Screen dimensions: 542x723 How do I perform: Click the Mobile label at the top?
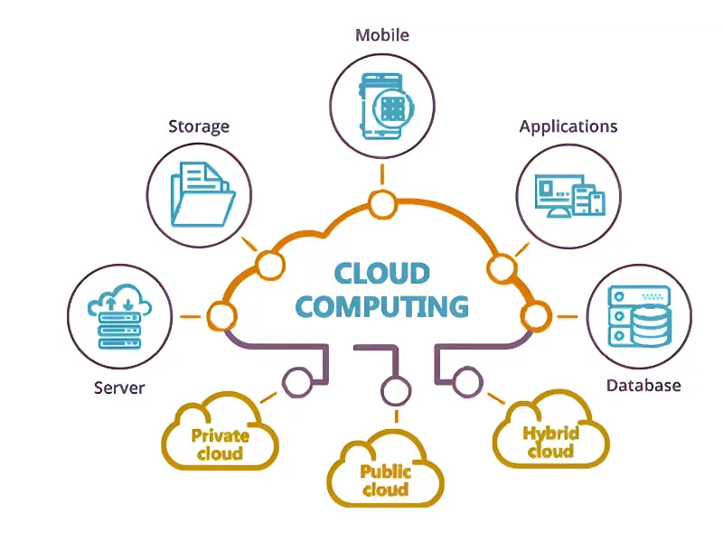[x=381, y=35]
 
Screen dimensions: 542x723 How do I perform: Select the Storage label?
[x=199, y=126]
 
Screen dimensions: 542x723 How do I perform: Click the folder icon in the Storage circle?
[x=202, y=193]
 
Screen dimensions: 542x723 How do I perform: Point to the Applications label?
[x=568, y=126]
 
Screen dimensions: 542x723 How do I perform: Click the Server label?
[x=119, y=388]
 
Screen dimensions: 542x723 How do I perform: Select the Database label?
[x=643, y=386]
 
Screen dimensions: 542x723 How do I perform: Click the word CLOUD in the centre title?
[x=381, y=273]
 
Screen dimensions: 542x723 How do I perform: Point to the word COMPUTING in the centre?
[x=381, y=306]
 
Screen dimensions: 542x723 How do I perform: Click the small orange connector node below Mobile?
[x=381, y=202]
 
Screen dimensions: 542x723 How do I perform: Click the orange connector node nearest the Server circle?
[x=221, y=316]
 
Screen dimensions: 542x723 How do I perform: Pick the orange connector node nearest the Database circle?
[x=535, y=316]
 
